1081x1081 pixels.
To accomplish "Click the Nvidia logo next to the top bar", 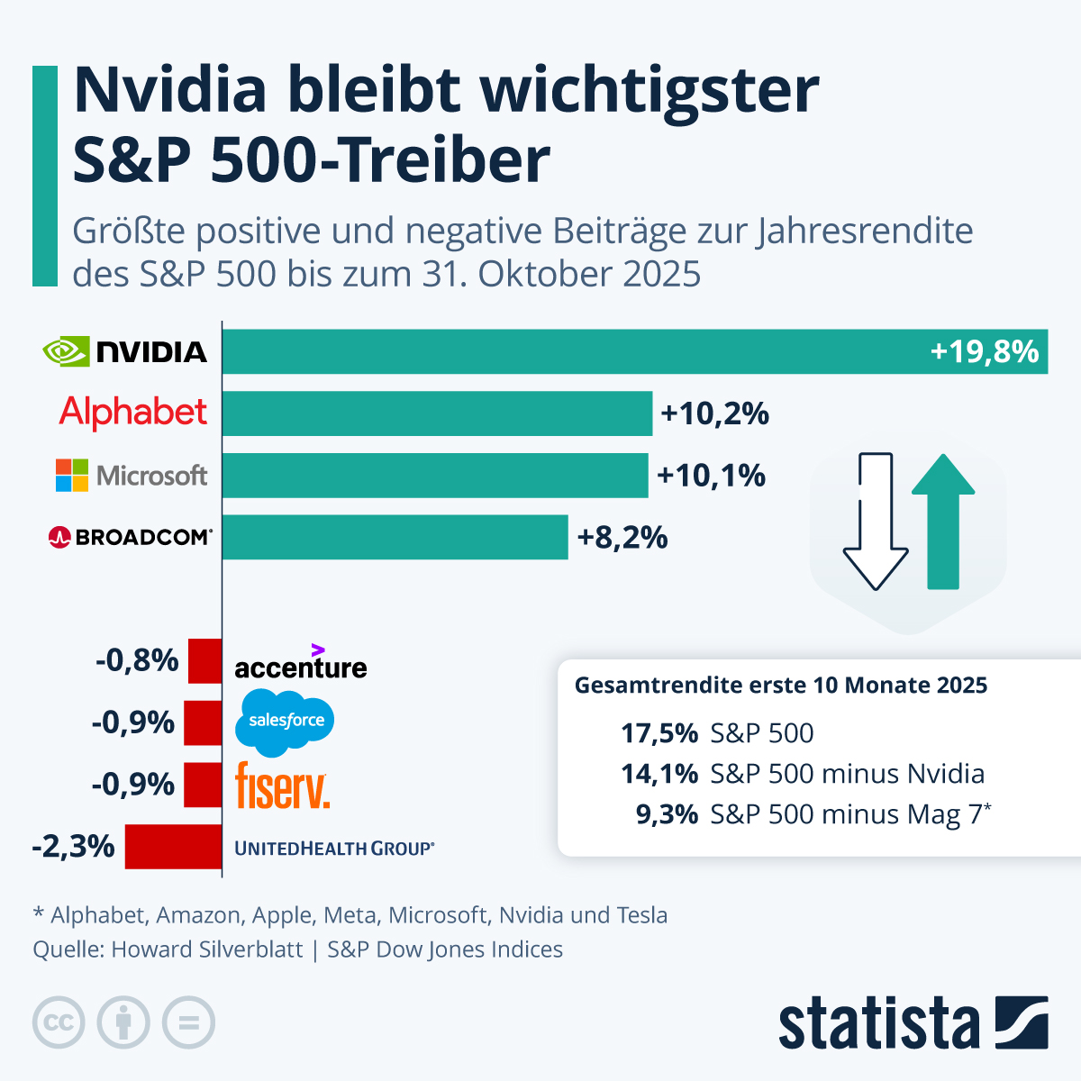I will [125, 351].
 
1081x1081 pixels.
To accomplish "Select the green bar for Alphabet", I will [437, 413].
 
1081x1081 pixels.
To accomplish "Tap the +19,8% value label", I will [984, 351].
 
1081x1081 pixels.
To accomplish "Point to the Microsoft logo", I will [132, 475].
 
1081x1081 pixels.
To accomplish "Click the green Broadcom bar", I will [395, 537].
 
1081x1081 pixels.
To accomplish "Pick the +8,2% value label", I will [622, 538].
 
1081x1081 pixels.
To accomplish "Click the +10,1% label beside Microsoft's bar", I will [711, 475].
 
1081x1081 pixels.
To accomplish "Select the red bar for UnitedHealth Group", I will [173, 847].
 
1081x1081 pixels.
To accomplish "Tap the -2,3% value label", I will [73, 847].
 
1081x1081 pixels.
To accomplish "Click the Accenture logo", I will [300, 664].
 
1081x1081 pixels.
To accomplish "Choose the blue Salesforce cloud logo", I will [285, 721].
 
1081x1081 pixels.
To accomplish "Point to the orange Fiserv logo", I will [282, 786].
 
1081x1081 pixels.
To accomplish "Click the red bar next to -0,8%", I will [204, 661].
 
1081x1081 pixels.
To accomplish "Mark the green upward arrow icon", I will [943, 522].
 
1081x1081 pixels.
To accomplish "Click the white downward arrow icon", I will [875, 522].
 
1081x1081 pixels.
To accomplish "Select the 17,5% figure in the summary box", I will [659, 733].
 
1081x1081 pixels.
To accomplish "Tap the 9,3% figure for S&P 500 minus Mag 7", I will [667, 814].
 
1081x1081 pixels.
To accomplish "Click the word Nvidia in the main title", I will [170, 90].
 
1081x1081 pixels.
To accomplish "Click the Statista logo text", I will [878, 1024].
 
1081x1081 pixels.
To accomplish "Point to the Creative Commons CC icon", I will [59, 1023].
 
